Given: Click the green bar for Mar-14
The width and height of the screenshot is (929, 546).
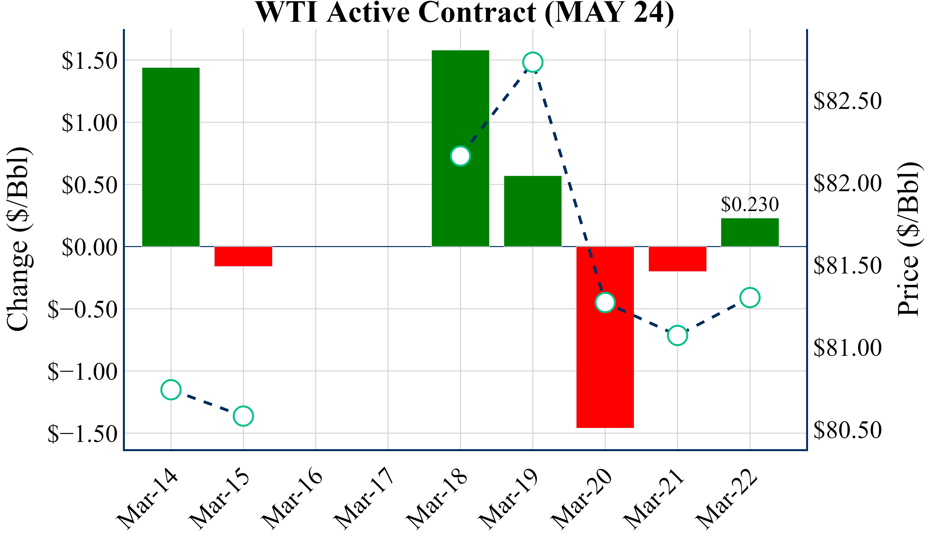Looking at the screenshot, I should coord(171,157).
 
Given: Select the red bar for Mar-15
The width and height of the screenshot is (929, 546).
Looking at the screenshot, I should coord(243,256).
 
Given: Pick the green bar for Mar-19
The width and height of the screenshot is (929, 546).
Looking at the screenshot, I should coord(533,211).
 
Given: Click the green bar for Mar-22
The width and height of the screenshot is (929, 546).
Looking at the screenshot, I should coord(750,232).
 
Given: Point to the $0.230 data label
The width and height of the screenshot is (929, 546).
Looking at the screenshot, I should coord(750,204).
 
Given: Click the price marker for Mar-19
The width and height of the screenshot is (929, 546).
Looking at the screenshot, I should coord(533,62).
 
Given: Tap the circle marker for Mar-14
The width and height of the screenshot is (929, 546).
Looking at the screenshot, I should coord(171,390).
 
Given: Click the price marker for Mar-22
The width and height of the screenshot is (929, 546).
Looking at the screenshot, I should coord(750,297).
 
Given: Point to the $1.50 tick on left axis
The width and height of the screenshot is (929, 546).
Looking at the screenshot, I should coord(89,61).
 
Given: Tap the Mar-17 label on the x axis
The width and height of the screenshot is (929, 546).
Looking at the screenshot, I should coord(365,498).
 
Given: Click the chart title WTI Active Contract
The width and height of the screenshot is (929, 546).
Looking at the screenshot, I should coord(464,13).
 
